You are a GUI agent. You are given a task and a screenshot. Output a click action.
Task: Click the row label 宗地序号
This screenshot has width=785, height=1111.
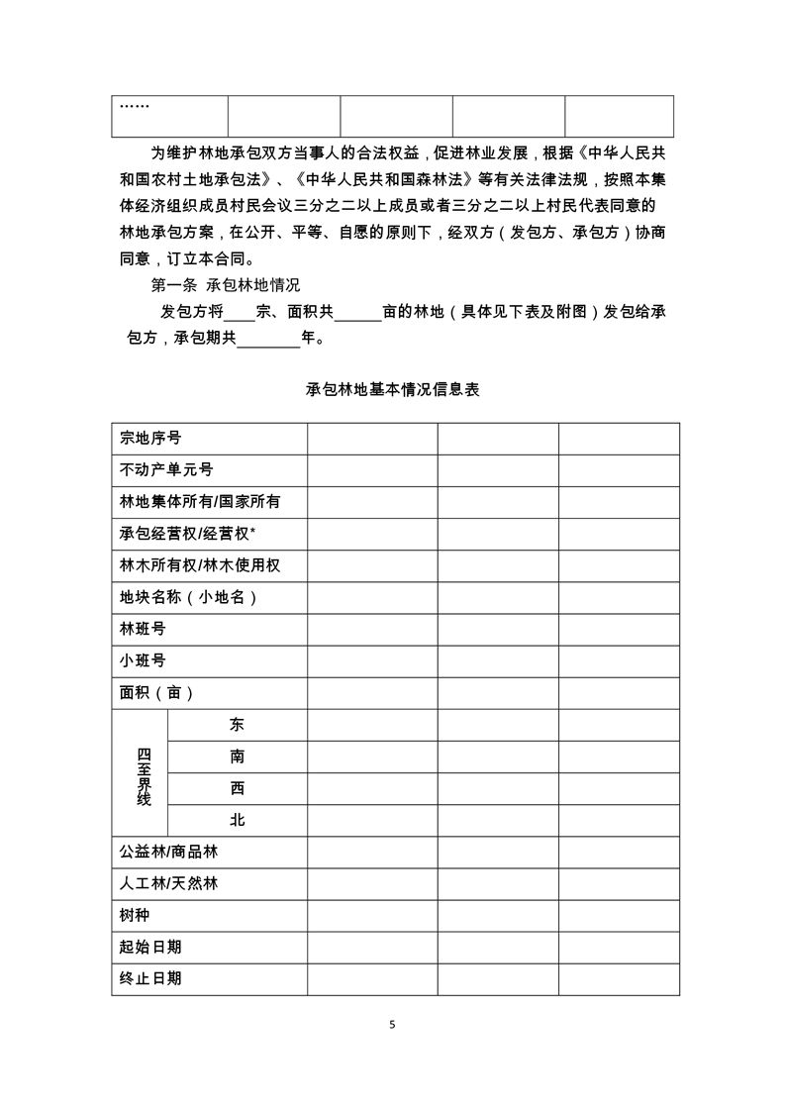[150, 439]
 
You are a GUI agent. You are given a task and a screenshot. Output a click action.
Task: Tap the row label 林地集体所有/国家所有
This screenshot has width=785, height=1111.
[199, 502]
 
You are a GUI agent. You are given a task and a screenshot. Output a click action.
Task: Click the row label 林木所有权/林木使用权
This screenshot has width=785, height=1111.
[199, 565]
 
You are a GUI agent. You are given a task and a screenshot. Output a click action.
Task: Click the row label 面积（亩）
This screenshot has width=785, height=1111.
[157, 692]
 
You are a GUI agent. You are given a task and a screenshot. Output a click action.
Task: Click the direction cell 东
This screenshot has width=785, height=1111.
[238, 725]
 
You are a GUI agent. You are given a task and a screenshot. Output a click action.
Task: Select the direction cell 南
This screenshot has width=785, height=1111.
[238, 757]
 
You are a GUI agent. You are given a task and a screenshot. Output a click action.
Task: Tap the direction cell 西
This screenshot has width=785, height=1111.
[238, 788]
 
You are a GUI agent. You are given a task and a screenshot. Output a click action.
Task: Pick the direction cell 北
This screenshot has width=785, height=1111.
[238, 820]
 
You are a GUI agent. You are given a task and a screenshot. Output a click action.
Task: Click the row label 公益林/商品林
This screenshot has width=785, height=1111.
[168, 852]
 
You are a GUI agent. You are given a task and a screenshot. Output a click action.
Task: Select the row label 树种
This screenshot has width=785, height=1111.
[135, 915]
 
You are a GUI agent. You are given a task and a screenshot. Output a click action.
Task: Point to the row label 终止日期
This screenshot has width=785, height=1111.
[150, 978]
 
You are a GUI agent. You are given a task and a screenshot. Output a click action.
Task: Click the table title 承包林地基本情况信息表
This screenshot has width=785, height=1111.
[393, 390]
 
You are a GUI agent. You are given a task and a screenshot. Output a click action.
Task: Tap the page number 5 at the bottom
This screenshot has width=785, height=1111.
[393, 1024]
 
